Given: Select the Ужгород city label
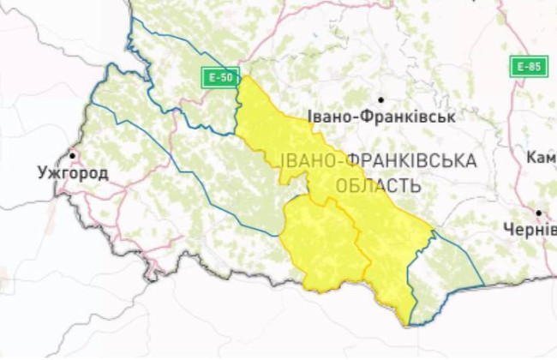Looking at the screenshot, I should point(73,173).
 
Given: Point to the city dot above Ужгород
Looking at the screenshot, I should point(73,155).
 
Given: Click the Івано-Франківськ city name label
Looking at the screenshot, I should point(380,117).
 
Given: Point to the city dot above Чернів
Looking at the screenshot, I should point(539,213).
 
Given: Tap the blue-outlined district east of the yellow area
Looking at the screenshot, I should point(446,274).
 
